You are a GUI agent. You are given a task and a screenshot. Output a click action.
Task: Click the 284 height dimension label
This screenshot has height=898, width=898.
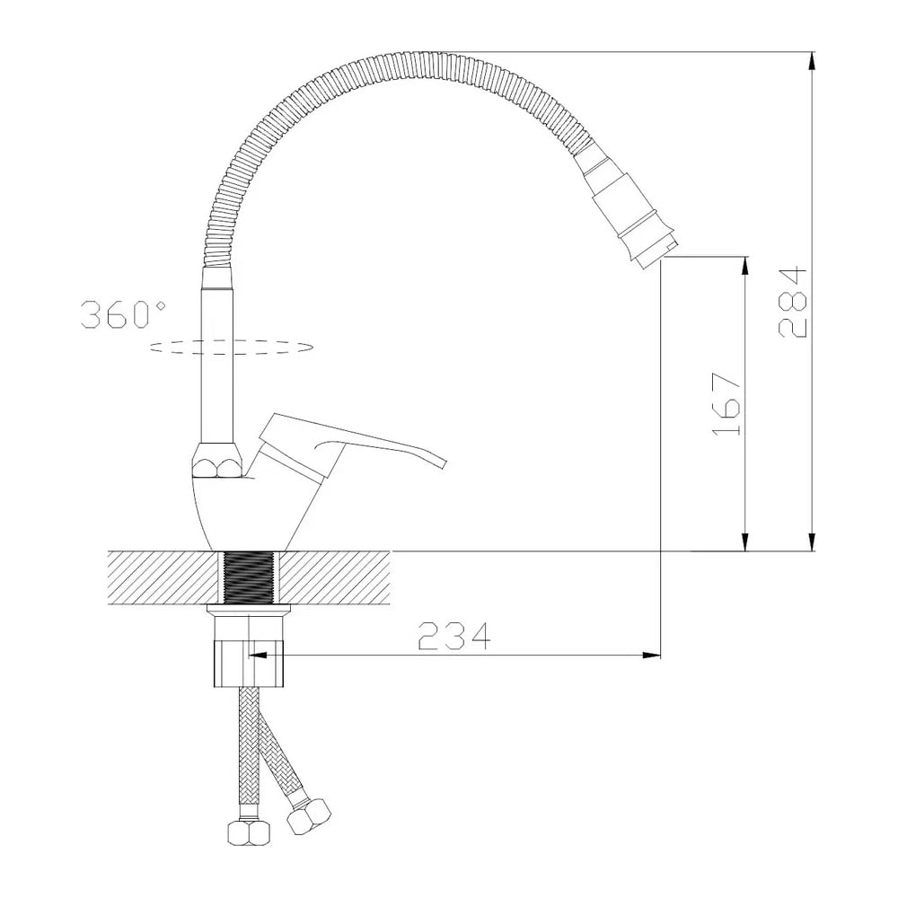click(x=793, y=301)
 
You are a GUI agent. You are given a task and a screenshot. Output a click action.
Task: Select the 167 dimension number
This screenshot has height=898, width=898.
click(x=726, y=404)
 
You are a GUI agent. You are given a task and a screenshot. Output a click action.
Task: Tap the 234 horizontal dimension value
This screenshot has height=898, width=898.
click(x=454, y=635)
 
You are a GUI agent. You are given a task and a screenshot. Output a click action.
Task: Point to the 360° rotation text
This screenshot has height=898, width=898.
click(x=123, y=314)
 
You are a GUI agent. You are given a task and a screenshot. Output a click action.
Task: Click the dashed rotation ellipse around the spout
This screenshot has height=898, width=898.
click(x=232, y=347)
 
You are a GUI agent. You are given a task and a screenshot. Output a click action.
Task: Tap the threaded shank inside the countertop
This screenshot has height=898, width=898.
click(x=248, y=577)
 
